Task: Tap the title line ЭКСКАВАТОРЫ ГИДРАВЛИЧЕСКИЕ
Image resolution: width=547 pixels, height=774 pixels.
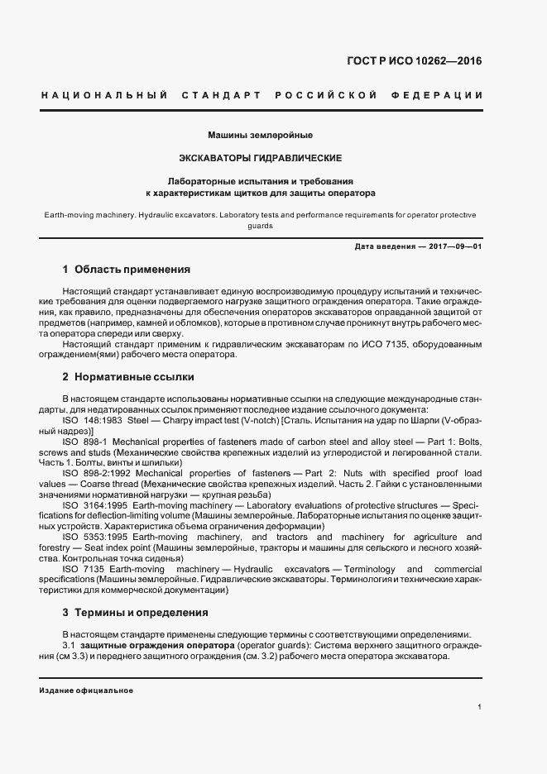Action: point(261,157)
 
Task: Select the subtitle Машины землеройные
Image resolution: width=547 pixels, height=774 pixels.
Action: point(260,134)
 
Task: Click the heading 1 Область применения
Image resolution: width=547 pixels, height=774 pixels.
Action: point(126,270)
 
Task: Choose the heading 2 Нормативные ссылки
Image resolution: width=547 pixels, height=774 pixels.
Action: point(128,377)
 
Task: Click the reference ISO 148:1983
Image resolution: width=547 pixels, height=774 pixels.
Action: point(91,420)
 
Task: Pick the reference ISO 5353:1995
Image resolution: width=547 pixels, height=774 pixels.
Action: point(93,537)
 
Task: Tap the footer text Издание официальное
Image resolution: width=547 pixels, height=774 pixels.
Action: point(86,690)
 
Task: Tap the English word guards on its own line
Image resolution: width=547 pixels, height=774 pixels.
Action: point(260,226)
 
